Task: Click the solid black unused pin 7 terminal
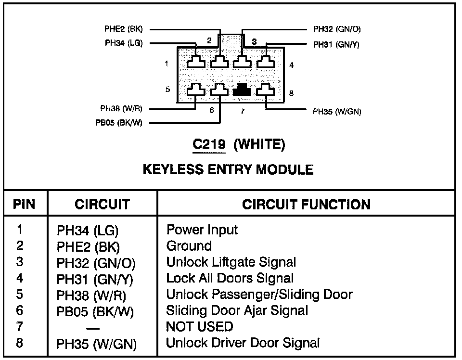tap(242, 90)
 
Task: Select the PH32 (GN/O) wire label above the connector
tap(337, 29)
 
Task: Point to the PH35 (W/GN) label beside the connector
tap(337, 112)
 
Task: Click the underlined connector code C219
tap(209, 144)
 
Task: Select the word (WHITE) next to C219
tap(259, 144)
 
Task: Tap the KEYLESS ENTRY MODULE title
tap(228, 169)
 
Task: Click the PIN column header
tap(24, 204)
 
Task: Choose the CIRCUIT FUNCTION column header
tap(306, 204)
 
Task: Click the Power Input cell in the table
tap(202, 230)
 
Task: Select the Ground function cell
tap(189, 246)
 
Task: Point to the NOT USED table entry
tap(199, 327)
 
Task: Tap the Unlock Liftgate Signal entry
tap(231, 262)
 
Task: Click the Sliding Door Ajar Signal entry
tap(237, 311)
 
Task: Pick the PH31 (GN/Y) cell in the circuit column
tap(95, 279)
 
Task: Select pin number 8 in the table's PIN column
tap(20, 343)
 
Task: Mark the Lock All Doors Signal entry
tap(230, 278)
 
